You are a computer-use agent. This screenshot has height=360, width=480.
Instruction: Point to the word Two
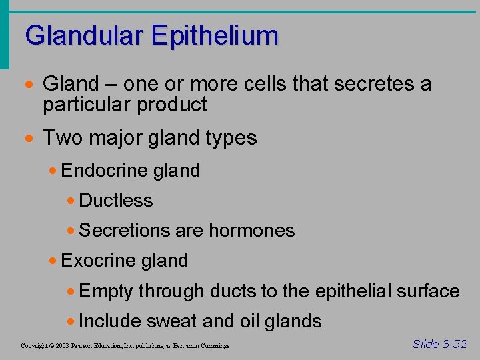click(x=61, y=138)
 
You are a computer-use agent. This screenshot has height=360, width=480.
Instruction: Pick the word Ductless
click(x=116, y=201)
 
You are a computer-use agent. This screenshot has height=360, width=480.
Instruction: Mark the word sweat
click(x=171, y=321)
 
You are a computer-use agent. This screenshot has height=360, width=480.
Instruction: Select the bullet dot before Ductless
click(x=71, y=201)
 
